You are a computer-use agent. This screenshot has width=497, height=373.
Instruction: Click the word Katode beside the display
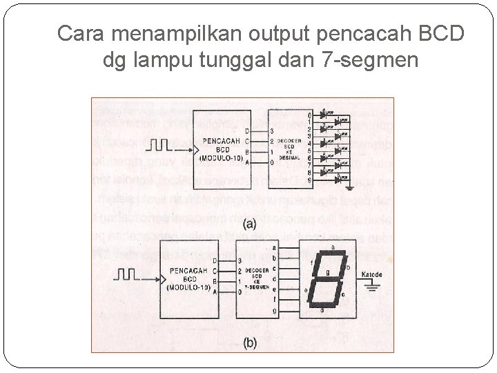coord(371,275)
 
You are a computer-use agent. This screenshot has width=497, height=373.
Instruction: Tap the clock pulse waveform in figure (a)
coord(159,146)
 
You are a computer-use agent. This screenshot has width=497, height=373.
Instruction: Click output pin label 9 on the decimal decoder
coord(310,180)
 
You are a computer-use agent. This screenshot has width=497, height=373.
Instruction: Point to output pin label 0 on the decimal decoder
coord(310,115)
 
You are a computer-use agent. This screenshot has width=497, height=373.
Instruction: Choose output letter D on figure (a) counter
coord(247,131)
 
